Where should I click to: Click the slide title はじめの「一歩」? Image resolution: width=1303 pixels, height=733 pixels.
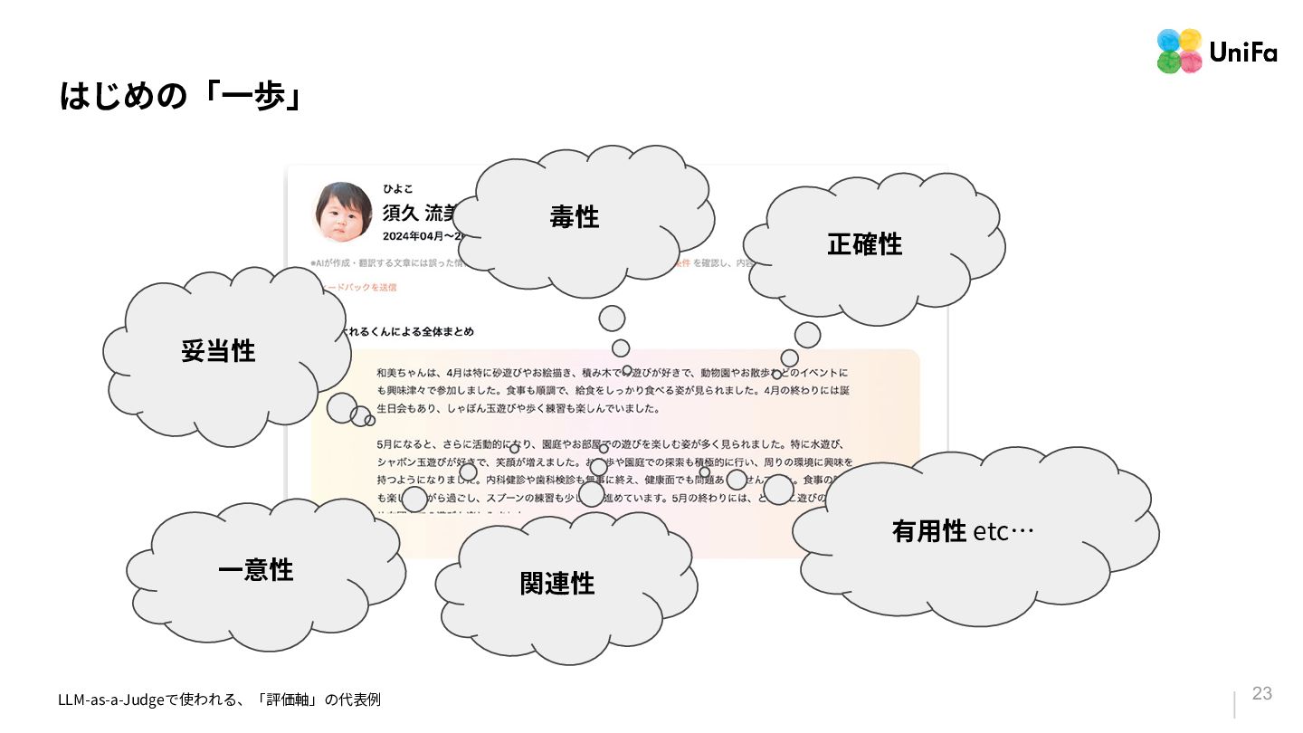pyautogui.click(x=180, y=96)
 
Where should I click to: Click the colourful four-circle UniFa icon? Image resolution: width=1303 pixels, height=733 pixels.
pyautogui.click(x=1179, y=51)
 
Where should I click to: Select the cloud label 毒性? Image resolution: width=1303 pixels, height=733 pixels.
pyautogui.click(x=575, y=217)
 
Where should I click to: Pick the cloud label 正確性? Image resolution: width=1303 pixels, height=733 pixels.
pyautogui.click(x=864, y=244)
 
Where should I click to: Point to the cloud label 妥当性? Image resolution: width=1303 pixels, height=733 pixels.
pyautogui.click(x=218, y=351)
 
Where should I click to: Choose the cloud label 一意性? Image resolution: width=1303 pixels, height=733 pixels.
pyautogui.click(x=255, y=570)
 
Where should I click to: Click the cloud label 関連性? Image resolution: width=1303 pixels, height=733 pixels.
pyautogui.click(x=557, y=584)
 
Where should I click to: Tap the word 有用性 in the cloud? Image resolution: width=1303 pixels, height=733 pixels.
pyautogui.click(x=929, y=531)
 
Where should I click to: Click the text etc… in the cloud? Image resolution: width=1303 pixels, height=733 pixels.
pyautogui.click(x=1003, y=531)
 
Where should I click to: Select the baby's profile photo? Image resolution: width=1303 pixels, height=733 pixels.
pyautogui.click(x=343, y=213)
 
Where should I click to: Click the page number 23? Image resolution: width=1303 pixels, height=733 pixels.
pyautogui.click(x=1261, y=694)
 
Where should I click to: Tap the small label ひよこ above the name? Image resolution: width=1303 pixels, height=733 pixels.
pyautogui.click(x=397, y=189)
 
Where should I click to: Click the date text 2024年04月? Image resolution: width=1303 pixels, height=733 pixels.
pyautogui.click(x=413, y=235)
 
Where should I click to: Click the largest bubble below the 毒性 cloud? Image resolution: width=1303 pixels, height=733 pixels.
pyautogui.click(x=612, y=319)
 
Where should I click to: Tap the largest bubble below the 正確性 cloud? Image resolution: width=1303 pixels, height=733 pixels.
pyautogui.click(x=807, y=335)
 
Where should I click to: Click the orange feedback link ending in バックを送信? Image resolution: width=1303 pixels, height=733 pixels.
pyautogui.click(x=362, y=287)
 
